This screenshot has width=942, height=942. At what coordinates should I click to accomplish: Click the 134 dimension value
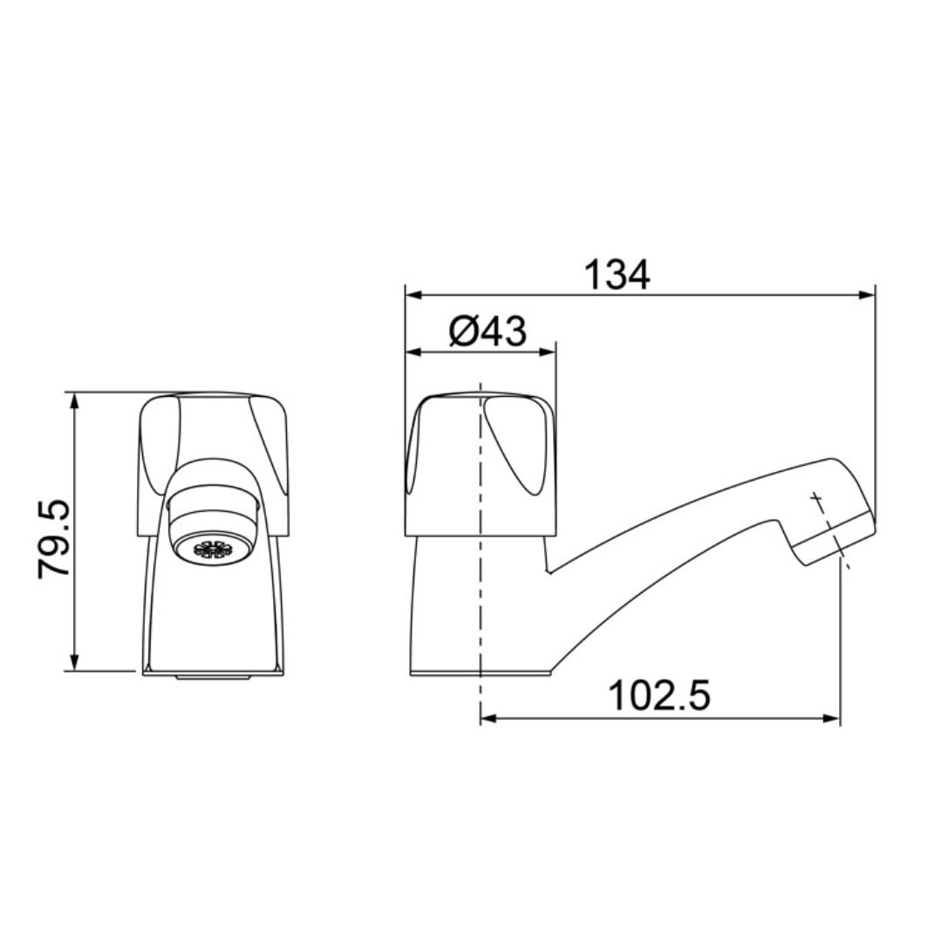(x=617, y=275)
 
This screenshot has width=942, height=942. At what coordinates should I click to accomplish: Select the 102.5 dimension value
(x=659, y=695)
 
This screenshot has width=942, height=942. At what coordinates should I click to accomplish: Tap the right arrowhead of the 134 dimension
(x=867, y=295)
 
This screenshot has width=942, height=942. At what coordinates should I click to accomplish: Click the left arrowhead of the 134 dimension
(x=414, y=295)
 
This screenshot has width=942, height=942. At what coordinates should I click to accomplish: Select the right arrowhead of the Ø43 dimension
(x=547, y=352)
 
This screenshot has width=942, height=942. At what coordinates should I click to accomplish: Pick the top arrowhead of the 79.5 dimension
(x=74, y=402)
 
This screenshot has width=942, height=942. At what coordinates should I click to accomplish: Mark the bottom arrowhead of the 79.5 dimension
(x=74, y=662)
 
